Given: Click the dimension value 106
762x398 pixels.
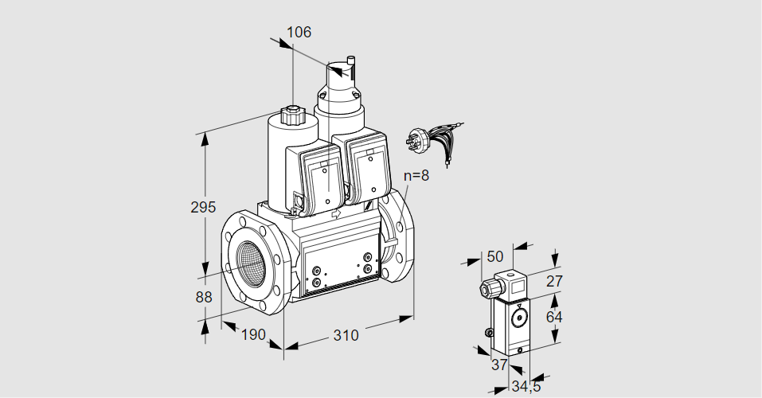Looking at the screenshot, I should click(x=299, y=32).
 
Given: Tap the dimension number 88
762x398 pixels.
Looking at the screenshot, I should click(x=203, y=297).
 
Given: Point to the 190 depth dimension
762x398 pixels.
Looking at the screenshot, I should click(x=252, y=334).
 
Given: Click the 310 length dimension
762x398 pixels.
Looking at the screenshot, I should click(x=346, y=335).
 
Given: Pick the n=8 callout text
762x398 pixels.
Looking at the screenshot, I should click(x=416, y=176).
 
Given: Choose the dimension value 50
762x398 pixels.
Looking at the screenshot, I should click(x=495, y=256).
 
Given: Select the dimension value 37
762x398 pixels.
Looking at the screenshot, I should click(x=498, y=365).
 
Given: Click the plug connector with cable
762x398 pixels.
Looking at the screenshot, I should click(x=430, y=139).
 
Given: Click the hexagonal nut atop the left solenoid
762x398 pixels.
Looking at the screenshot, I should click(x=293, y=115).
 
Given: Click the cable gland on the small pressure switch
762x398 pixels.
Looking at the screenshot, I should click(x=484, y=288).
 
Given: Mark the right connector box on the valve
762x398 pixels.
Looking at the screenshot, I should click(x=367, y=169).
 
